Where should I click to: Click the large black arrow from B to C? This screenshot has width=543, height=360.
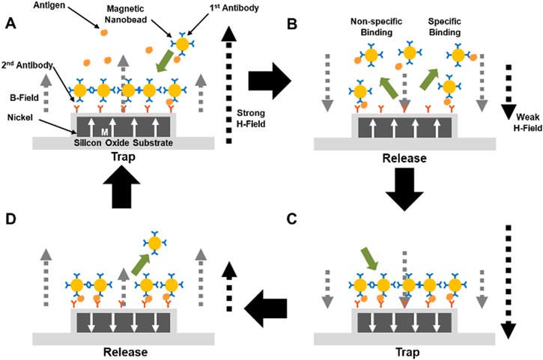(x=408, y=187)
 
